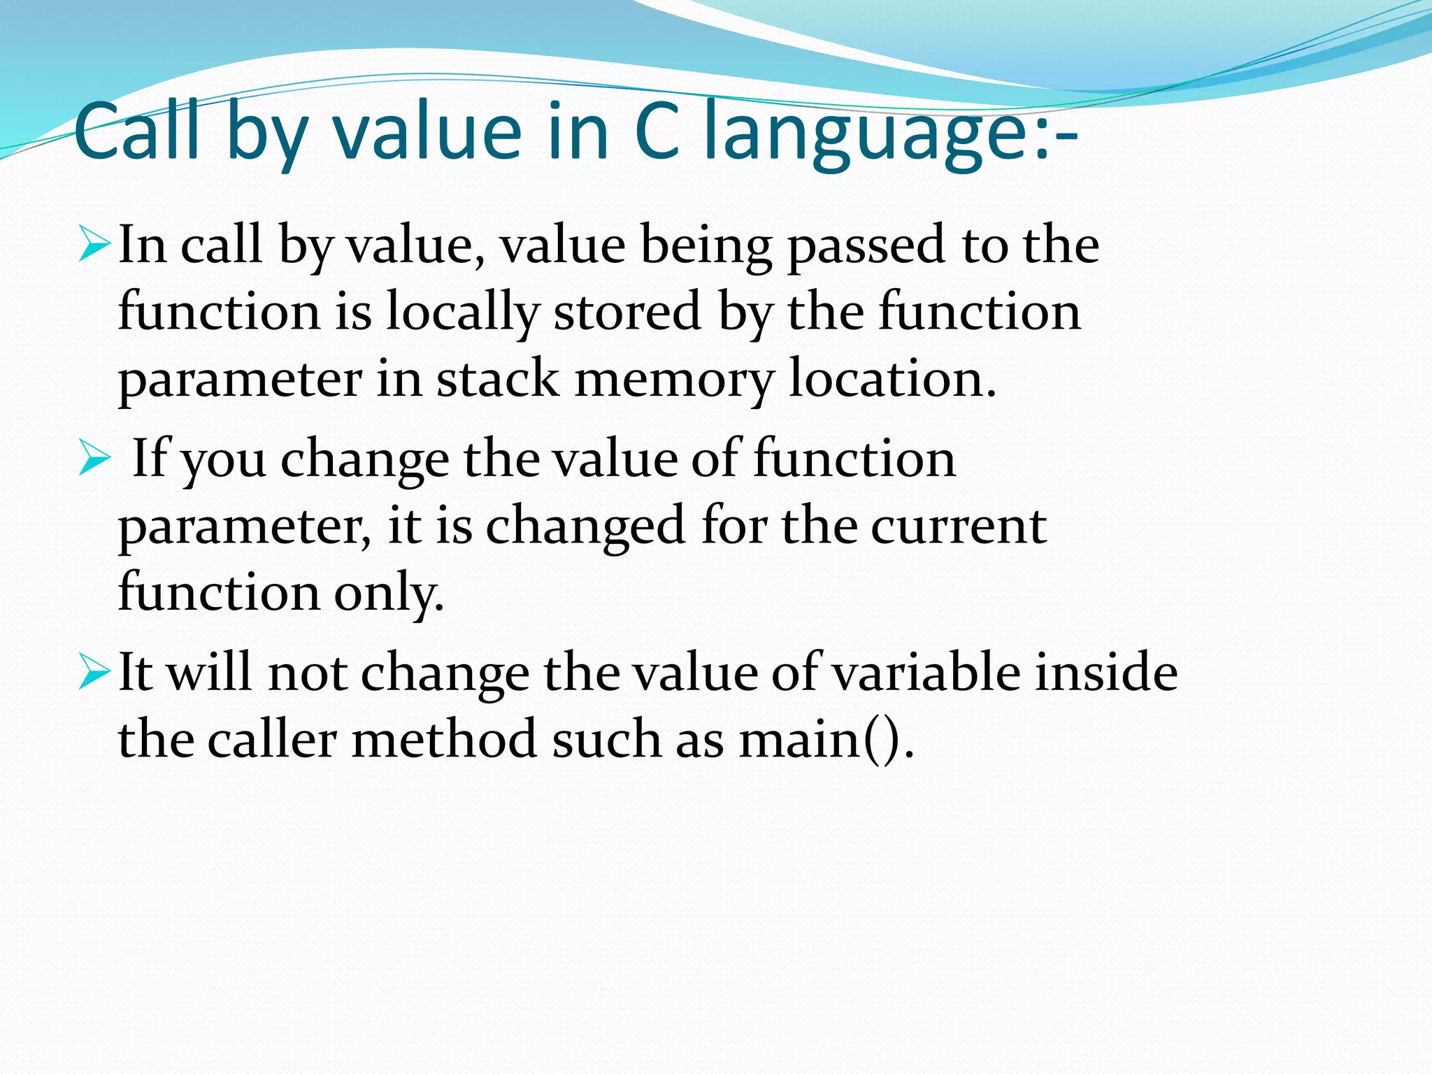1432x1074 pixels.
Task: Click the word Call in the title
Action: [x=136, y=131]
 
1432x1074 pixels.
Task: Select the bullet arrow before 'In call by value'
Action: [x=94, y=245]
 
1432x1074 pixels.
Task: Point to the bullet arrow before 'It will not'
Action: [x=94, y=672]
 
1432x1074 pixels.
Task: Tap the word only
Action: [x=389, y=593]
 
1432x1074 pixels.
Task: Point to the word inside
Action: [x=1106, y=672]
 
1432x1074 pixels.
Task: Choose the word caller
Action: [x=273, y=739]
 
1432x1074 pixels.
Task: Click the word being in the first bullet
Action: [x=706, y=246]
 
